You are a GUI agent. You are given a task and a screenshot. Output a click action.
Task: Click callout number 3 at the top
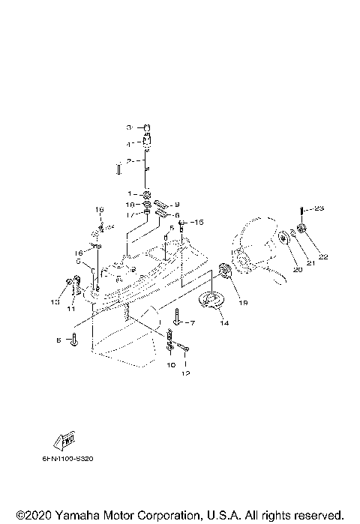[x=128, y=127]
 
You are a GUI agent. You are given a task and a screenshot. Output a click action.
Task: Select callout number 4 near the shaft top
[x=128, y=144]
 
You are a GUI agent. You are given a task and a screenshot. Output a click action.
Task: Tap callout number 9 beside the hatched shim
[x=177, y=205]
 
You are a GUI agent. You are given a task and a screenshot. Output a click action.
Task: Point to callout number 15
[x=199, y=223]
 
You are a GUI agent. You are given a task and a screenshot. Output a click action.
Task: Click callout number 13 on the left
[x=54, y=302]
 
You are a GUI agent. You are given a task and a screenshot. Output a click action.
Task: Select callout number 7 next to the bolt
[x=191, y=322]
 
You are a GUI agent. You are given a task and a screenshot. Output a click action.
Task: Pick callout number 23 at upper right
[x=318, y=208]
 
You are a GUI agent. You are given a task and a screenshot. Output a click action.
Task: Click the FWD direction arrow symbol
[x=66, y=440]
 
